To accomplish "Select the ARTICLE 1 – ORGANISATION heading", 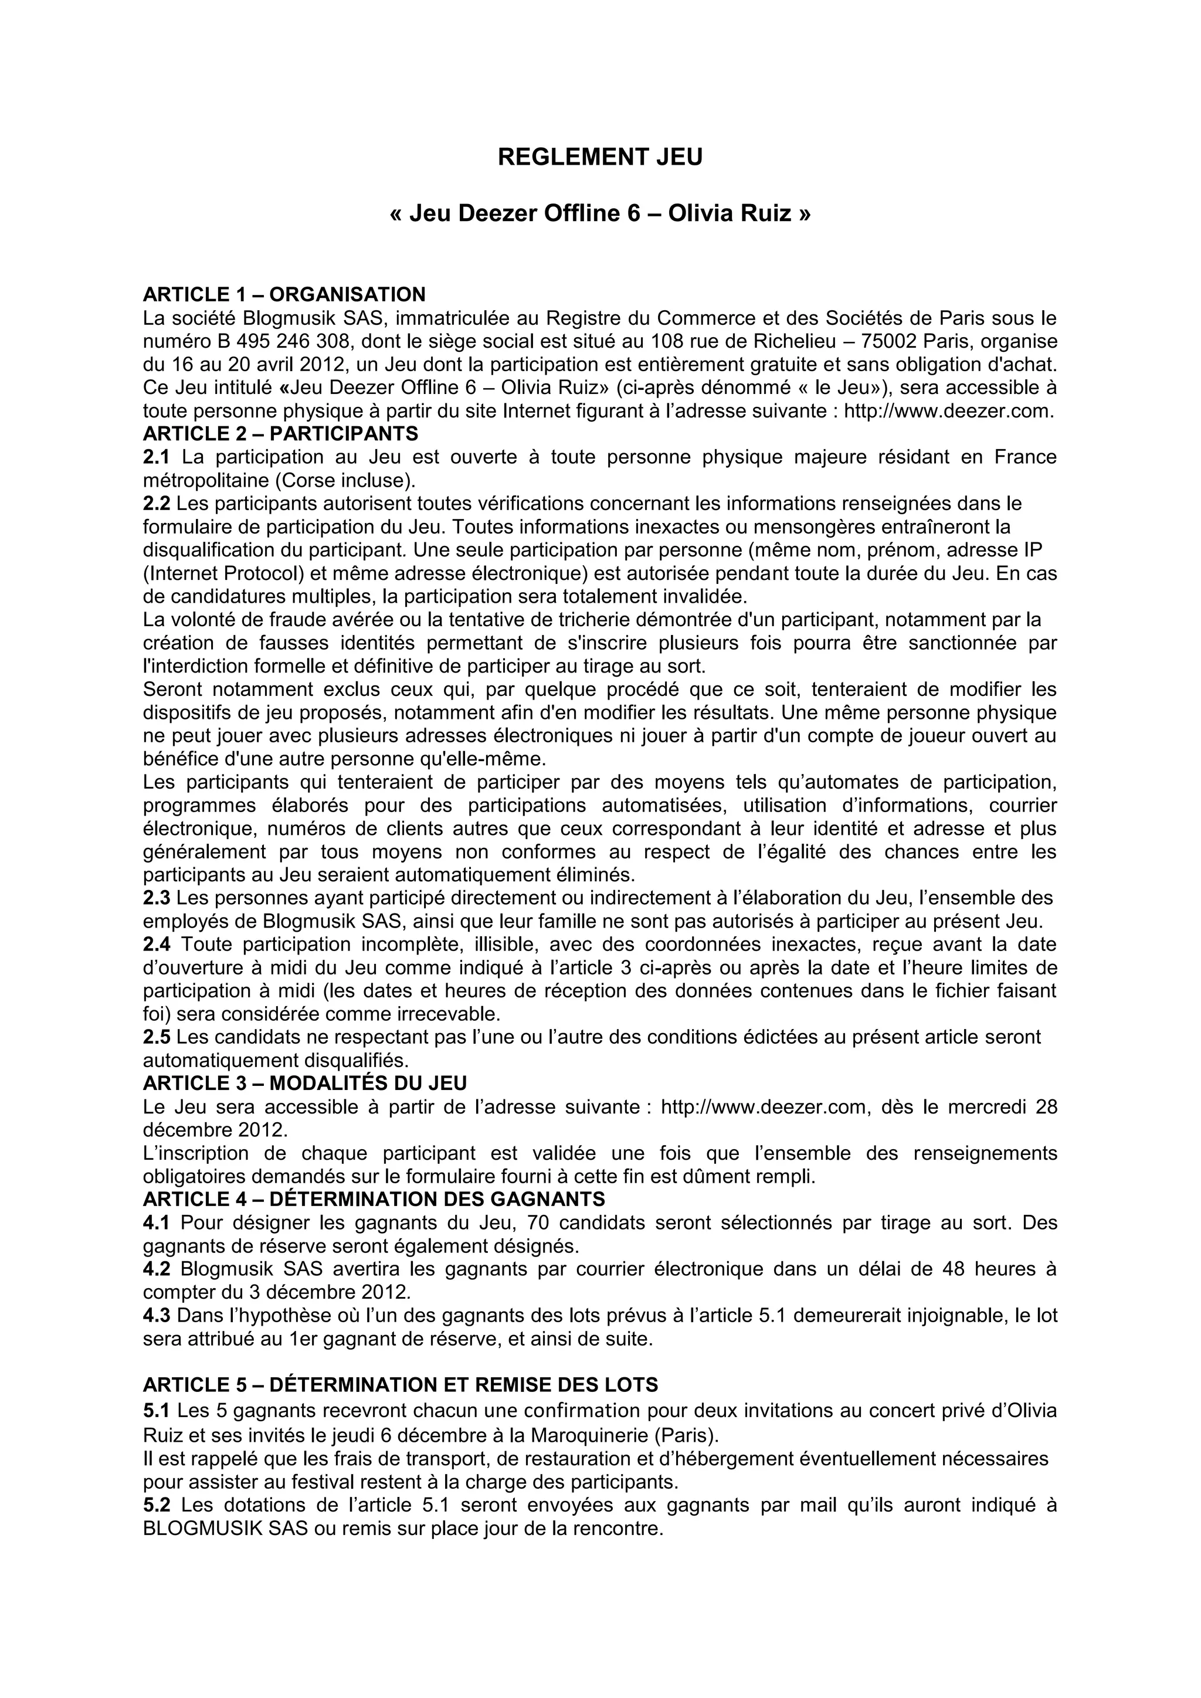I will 284,294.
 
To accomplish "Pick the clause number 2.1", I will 156,457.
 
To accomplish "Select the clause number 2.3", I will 156,898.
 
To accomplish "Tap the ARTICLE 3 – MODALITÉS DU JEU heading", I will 305,1083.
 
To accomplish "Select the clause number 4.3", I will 156,1316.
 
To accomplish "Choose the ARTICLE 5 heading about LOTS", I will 400,1384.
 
